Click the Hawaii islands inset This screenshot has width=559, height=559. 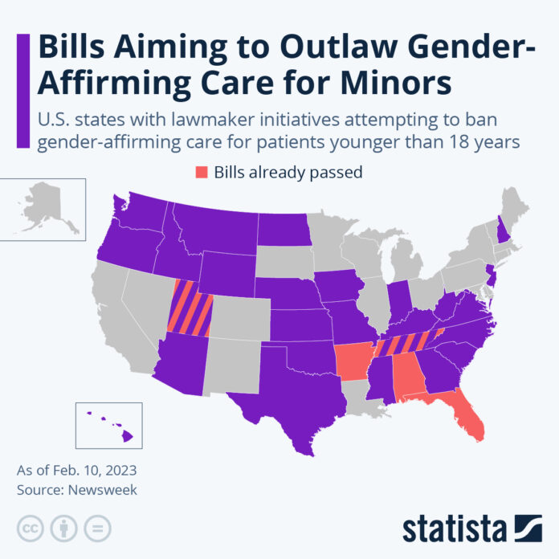click(x=112, y=425)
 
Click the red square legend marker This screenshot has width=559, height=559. click(x=201, y=172)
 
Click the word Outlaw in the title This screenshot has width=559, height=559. click(x=312, y=47)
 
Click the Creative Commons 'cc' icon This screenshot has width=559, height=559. click(x=30, y=528)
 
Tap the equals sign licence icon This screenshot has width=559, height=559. click(x=97, y=528)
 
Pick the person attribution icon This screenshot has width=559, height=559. click(x=63, y=528)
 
